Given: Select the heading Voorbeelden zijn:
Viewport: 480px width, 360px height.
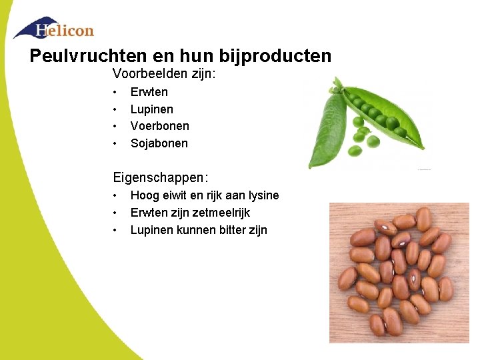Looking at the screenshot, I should [164, 73].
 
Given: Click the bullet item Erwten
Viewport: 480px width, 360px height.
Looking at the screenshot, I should [149, 92].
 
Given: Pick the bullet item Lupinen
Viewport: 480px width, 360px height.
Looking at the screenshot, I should [152, 109].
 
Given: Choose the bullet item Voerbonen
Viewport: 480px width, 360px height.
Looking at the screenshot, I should [160, 126].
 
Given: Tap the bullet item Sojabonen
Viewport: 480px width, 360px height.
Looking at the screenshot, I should [159, 143].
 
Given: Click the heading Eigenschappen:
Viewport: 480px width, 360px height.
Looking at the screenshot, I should [161, 178].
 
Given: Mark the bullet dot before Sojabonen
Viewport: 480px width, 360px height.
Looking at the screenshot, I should [115, 143].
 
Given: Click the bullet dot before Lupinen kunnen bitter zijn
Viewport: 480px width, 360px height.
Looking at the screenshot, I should [115, 230].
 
